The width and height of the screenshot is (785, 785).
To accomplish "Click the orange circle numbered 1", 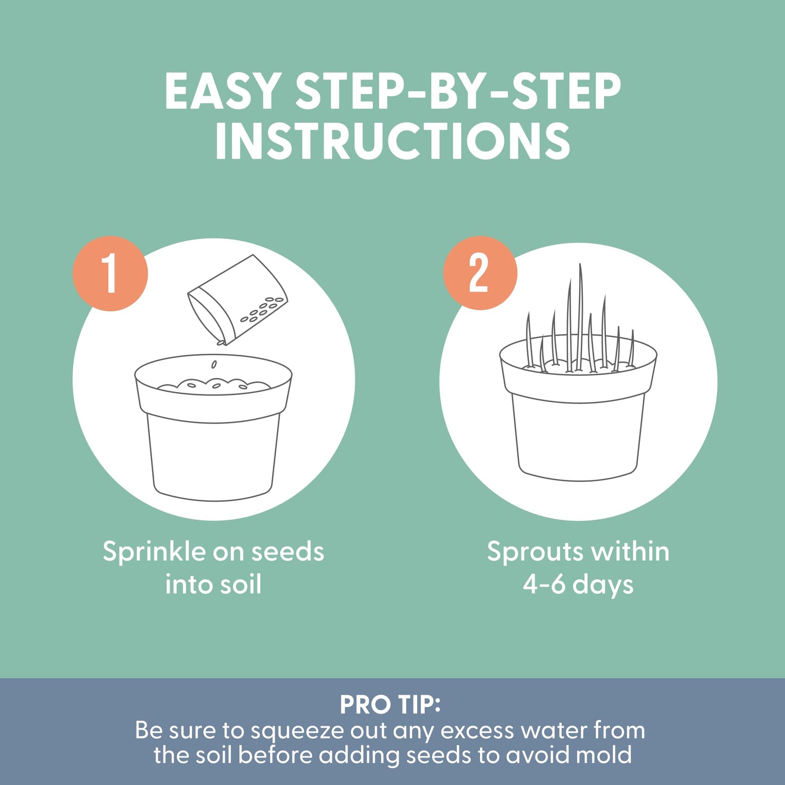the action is click(x=110, y=273).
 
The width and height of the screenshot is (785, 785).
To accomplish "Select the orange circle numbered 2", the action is click(x=480, y=273).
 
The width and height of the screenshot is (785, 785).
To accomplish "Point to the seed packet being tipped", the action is click(x=238, y=300).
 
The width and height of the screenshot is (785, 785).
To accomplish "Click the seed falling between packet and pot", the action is click(x=213, y=364).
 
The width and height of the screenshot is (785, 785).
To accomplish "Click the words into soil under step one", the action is click(x=213, y=585).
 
